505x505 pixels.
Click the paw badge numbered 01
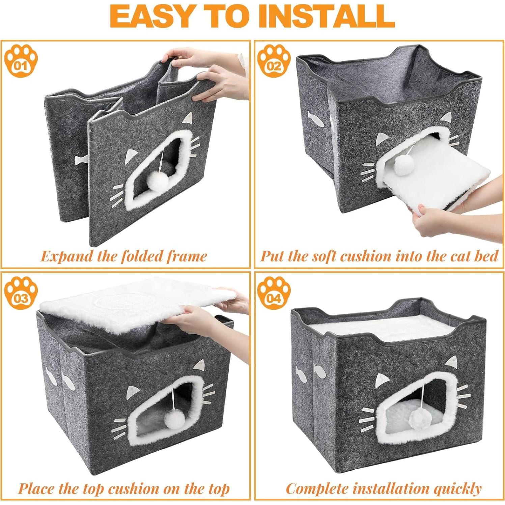coord(21,61)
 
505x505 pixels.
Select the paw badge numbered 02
coord(274,61)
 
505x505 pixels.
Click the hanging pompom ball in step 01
coord(158,181)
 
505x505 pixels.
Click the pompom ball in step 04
coord(418,420)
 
